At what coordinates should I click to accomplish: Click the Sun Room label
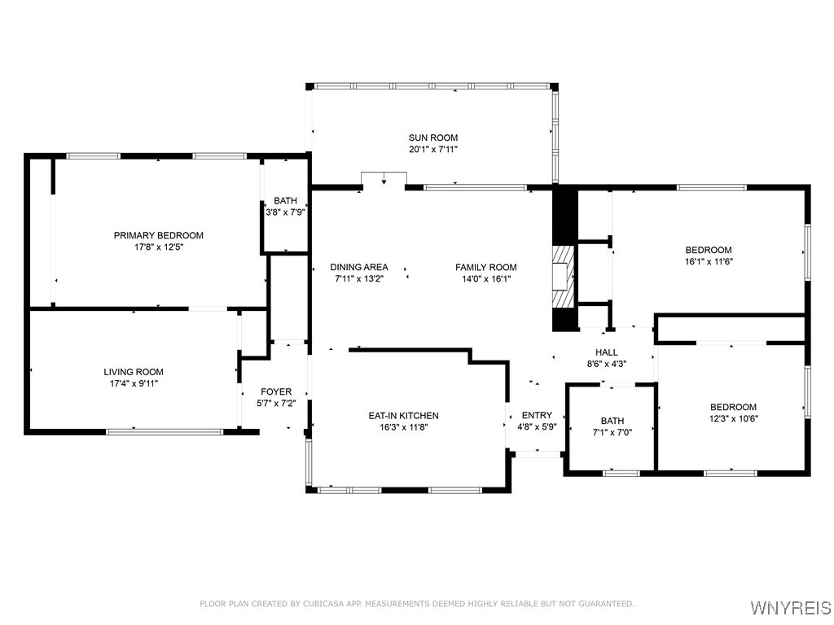coord(433,138)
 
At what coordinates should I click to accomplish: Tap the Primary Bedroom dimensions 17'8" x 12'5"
coord(159,247)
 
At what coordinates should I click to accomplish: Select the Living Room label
coord(134,372)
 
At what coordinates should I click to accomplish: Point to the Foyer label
coord(276,391)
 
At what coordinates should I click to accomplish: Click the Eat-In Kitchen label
coord(404,416)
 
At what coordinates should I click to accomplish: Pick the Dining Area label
coord(359,267)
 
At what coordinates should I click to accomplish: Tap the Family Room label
coord(486,267)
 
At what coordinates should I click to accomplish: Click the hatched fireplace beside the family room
coord(564,277)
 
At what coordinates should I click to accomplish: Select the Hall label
coord(606,352)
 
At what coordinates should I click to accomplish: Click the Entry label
coord(537,415)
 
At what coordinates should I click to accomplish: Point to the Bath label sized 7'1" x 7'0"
coord(612,421)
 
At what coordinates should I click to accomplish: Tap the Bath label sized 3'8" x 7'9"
coord(286,200)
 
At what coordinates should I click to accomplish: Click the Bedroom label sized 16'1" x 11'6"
coord(709,250)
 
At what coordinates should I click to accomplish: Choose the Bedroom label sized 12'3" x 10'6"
coord(734,407)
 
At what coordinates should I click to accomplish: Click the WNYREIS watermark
coord(790,607)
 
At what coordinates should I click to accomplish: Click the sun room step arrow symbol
coord(384,179)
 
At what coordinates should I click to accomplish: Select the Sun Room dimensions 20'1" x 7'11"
coord(433,150)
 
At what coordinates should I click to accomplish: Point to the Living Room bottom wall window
coord(165,431)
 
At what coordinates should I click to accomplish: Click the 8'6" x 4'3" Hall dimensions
coord(606,364)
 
